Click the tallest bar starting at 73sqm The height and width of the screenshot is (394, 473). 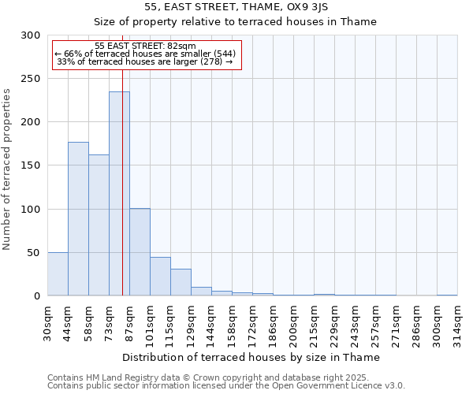click(119, 194)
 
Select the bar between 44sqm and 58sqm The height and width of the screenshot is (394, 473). click(78, 219)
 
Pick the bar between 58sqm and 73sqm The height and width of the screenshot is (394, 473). click(99, 225)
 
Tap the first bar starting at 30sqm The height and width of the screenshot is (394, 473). click(58, 274)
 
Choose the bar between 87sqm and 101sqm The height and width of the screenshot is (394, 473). click(140, 252)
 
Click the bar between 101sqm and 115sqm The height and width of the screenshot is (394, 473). click(160, 277)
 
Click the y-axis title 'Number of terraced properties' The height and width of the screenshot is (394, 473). click(7, 169)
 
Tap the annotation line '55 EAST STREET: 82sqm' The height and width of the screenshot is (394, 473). click(145, 46)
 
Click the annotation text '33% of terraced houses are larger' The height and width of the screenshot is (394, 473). click(145, 61)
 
